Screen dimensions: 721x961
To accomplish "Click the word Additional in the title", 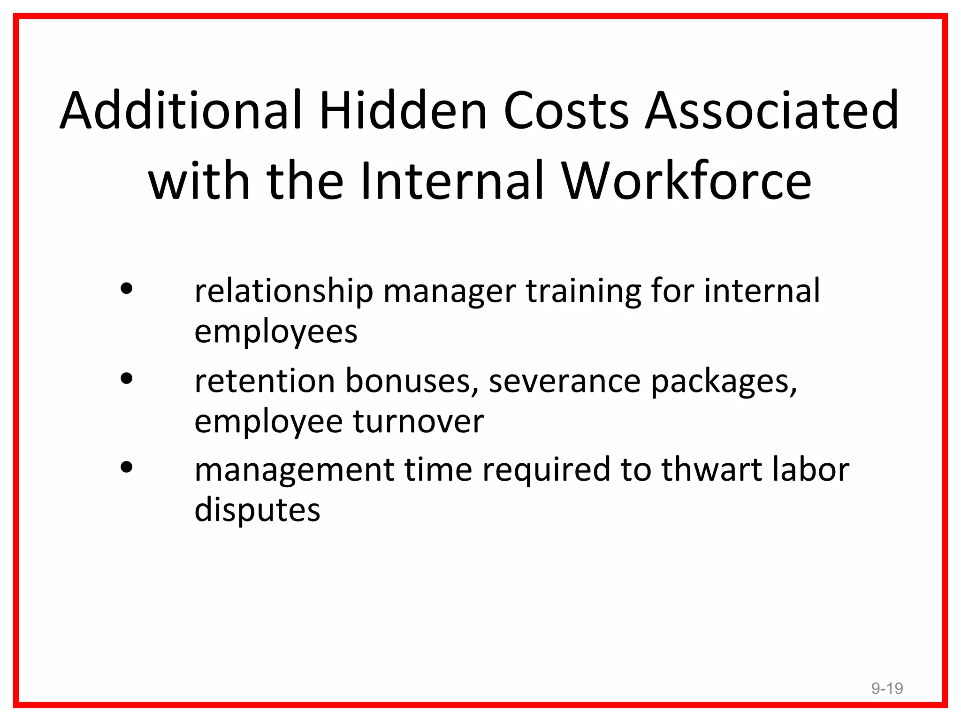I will click(181, 110).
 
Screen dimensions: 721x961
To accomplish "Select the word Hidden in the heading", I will click(404, 110).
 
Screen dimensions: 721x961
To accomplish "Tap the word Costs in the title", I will click(566, 111).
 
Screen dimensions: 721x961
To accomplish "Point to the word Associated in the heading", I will click(772, 111).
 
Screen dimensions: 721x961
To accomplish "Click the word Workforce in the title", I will click(686, 181).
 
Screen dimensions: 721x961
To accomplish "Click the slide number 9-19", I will click(887, 688).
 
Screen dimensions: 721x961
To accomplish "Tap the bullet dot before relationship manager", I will click(127, 288).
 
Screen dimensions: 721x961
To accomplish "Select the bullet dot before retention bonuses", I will click(127, 378).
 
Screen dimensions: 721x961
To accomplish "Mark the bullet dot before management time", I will click(127, 467).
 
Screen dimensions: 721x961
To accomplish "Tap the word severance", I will click(565, 381).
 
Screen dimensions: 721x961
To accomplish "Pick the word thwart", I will click(711, 469).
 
